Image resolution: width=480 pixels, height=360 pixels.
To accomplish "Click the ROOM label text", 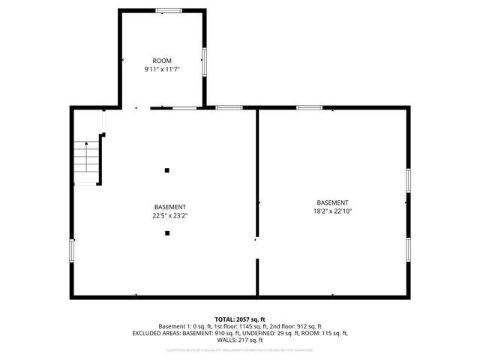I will pyautogui.click(x=162, y=61).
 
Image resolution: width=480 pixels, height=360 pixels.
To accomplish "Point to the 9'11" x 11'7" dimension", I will pyautogui.click(x=162, y=69).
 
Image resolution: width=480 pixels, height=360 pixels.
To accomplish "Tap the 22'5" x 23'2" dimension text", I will pyautogui.click(x=170, y=215).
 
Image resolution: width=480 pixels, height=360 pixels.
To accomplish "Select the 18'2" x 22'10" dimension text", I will pyautogui.click(x=332, y=211).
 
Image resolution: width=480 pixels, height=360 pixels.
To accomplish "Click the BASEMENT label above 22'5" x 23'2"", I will pyautogui.click(x=170, y=207).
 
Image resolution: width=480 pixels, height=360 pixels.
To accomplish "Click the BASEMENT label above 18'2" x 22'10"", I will pyautogui.click(x=332, y=202).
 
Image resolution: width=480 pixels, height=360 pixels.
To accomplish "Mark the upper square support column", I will pyautogui.click(x=167, y=170).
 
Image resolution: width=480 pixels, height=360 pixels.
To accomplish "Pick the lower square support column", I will pyautogui.click(x=167, y=233).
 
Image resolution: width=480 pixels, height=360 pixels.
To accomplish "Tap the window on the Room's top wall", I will pyautogui.click(x=169, y=10).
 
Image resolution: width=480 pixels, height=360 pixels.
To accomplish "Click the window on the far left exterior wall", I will pyautogui.click(x=72, y=250).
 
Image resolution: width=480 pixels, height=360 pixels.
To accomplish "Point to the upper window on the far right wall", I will pyautogui.click(x=408, y=180).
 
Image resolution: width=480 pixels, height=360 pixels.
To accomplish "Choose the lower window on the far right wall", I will pyautogui.click(x=408, y=248).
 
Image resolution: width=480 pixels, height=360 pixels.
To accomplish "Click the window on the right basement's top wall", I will pyautogui.click(x=308, y=108).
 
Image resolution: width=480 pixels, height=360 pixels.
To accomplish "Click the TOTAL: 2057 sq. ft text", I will pyautogui.click(x=240, y=319).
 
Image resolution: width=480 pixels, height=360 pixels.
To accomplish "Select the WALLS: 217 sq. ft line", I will pyautogui.click(x=240, y=339).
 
